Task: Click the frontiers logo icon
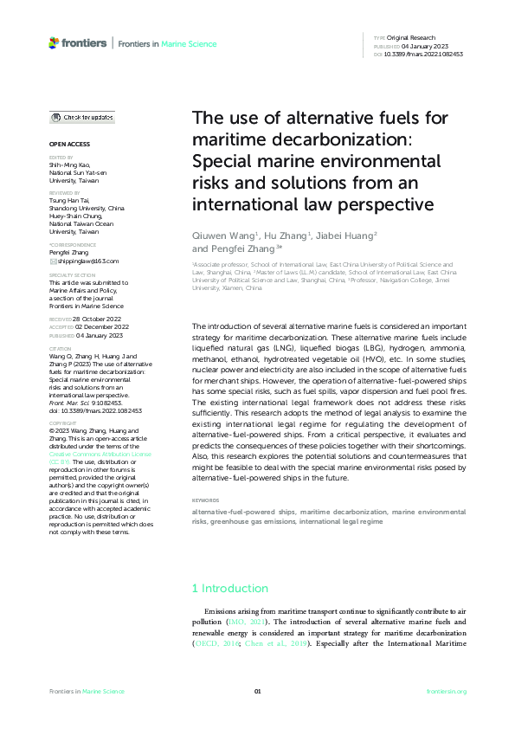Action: pyautogui.click(x=55, y=42)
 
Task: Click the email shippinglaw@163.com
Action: pyautogui.click(x=87, y=261)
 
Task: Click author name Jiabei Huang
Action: pyautogui.click(x=320, y=235)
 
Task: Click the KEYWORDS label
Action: pyautogui.click(x=205, y=500)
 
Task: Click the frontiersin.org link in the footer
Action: pyautogui.click(x=447, y=691)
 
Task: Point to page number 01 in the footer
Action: pyautogui.click(x=257, y=691)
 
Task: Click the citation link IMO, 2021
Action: pyautogui.click(x=248, y=622)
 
